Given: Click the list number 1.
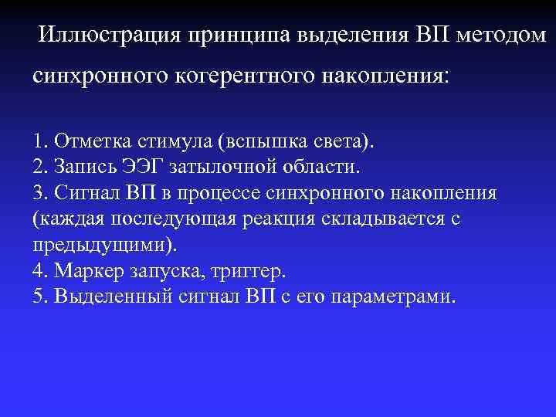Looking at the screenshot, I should (39, 142).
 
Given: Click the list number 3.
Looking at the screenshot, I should (39, 192).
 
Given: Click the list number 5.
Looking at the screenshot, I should (39, 297).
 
